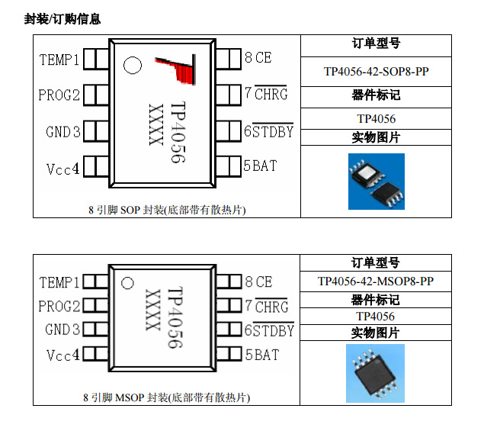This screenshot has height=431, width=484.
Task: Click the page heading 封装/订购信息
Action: (x=63, y=18)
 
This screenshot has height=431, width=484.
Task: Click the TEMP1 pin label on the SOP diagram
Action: (x=59, y=60)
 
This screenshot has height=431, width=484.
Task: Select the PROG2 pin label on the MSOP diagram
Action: (x=59, y=307)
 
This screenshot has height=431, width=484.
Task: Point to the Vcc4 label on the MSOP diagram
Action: (x=63, y=355)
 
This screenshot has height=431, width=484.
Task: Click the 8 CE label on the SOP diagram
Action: (x=258, y=57)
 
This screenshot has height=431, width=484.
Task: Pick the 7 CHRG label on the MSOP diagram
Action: (x=266, y=307)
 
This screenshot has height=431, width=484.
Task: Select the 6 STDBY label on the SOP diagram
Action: (x=268, y=131)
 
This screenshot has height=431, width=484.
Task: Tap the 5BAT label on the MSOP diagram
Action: (x=261, y=355)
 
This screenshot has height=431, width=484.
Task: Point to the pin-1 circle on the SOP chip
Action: (x=132, y=66)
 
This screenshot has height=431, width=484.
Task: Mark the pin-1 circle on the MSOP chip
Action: (x=128, y=284)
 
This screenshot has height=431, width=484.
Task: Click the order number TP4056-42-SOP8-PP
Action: (x=376, y=72)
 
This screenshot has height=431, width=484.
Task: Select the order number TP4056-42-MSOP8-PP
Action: (x=376, y=281)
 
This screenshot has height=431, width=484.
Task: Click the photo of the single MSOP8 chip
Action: (x=376, y=374)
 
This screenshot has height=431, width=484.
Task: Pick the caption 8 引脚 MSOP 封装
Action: (x=166, y=397)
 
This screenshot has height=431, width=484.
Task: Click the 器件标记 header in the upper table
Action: (x=376, y=95)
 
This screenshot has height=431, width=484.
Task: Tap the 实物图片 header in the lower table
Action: (x=376, y=333)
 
